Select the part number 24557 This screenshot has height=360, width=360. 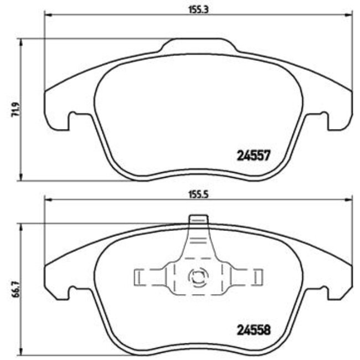(254, 156)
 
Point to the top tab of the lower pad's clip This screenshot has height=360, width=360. (198, 220)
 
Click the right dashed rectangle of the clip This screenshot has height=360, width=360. (257, 275)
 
